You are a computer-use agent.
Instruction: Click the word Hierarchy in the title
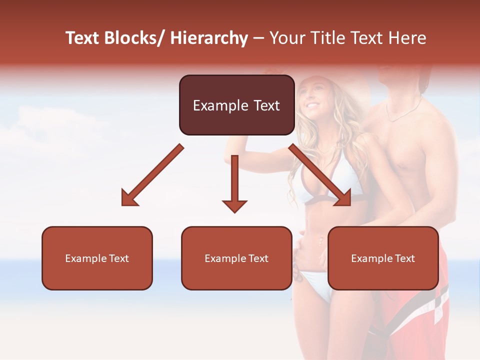pyautogui.click(x=209, y=38)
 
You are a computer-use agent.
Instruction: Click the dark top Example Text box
pyautogui.click(x=236, y=105)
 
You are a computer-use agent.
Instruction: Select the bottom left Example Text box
pyautogui.click(x=97, y=258)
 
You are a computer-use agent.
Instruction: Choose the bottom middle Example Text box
pyautogui.click(x=236, y=258)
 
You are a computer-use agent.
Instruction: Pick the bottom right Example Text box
pyautogui.click(x=383, y=258)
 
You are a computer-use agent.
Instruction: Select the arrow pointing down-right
pyautogui.click(x=320, y=175)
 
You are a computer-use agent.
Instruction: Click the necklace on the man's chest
pyautogui.click(x=402, y=112)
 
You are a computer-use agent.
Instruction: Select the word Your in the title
pyautogui.click(x=286, y=38)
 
